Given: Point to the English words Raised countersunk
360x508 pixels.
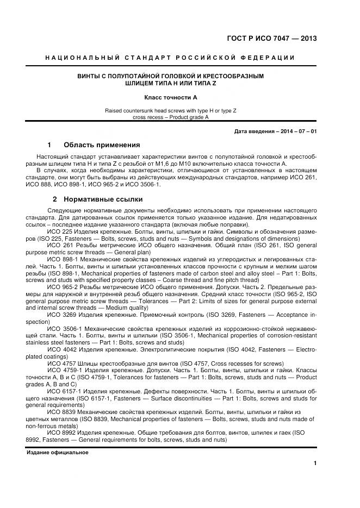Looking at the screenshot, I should [x=129, y=110].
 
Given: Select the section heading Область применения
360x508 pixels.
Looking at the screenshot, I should [x=102, y=145].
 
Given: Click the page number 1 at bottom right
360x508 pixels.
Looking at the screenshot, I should [x=315, y=463].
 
